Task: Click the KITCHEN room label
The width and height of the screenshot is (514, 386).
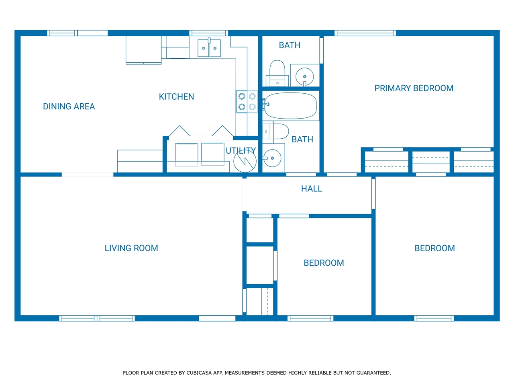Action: pyautogui.click(x=176, y=96)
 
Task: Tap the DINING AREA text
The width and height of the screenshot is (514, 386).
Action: pyautogui.click(x=69, y=107)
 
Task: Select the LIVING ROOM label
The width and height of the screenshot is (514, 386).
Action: pyautogui.click(x=131, y=248)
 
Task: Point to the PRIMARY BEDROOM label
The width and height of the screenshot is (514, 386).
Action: pyautogui.click(x=414, y=88)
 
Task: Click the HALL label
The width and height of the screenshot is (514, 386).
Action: pyautogui.click(x=312, y=189)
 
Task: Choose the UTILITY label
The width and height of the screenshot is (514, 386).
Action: pyautogui.click(x=241, y=150)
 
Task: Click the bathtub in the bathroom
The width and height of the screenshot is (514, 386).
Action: pyautogui.click(x=290, y=106)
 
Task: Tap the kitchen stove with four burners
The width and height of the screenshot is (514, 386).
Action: pyautogui.click(x=247, y=101)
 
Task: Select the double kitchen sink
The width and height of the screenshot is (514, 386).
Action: pyautogui.click(x=209, y=48)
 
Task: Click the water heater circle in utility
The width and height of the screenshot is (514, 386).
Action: pyautogui.click(x=245, y=161)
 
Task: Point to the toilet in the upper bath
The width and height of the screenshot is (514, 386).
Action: pyautogui.click(x=277, y=73)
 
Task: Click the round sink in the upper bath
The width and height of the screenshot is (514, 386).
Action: pyautogui.click(x=305, y=76)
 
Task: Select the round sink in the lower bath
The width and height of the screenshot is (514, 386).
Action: pyautogui.click(x=272, y=158)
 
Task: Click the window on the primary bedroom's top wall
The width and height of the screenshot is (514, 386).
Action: pyautogui.click(x=365, y=33)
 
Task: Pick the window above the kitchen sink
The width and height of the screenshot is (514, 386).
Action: pyautogui.click(x=209, y=33)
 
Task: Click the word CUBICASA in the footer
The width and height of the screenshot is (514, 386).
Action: pyautogui.click(x=199, y=373)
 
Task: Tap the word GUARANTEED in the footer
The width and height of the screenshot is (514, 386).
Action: pyautogui.click(x=373, y=373)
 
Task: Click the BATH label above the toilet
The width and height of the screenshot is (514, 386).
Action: pyautogui.click(x=290, y=45)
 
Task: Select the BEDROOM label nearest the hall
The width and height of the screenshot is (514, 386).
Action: pyautogui.click(x=324, y=263)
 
